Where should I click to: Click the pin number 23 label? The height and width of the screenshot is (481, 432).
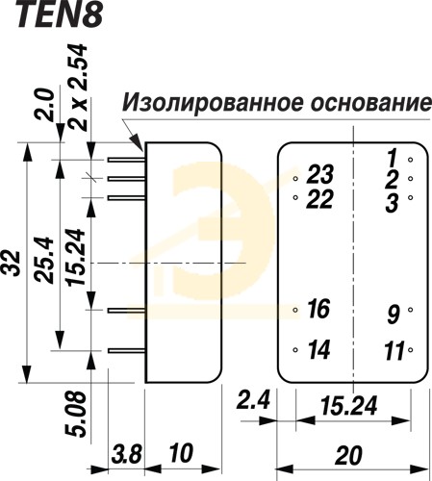(319, 174)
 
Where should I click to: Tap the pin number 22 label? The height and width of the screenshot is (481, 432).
(319, 199)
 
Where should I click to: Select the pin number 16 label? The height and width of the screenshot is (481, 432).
(318, 309)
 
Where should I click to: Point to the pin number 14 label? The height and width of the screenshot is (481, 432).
(318, 349)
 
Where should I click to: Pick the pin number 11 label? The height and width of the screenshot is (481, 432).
(394, 351)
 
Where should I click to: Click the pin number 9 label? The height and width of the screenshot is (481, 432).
(394, 315)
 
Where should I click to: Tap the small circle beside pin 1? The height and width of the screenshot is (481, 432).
(410, 160)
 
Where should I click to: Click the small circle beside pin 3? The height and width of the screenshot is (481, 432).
(410, 198)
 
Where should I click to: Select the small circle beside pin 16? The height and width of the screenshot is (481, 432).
(295, 310)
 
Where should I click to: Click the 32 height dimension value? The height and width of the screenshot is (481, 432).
(12, 264)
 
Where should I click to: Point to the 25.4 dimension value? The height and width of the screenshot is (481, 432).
(43, 260)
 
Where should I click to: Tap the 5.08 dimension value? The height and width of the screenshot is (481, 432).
(76, 415)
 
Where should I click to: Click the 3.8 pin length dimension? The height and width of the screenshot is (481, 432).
(127, 454)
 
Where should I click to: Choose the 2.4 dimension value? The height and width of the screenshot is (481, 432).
(253, 400)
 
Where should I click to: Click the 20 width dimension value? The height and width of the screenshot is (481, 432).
(348, 455)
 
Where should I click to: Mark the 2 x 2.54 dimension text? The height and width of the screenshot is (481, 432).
(78, 88)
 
